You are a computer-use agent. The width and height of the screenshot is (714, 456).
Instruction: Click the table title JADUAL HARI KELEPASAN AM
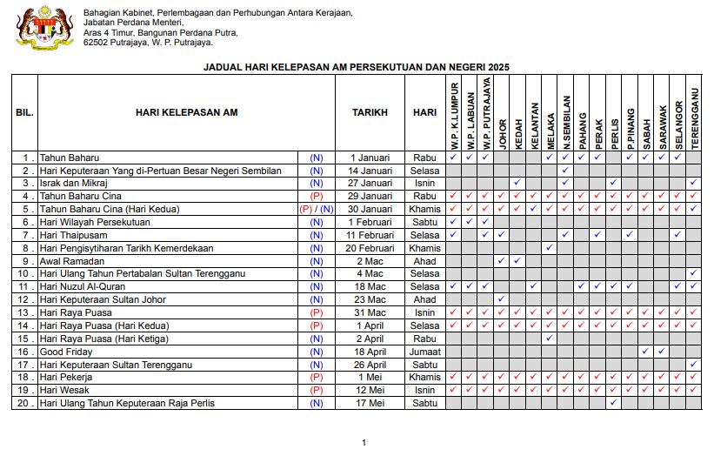pos(356,67)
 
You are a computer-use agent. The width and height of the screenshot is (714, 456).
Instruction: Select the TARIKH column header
pos(370,113)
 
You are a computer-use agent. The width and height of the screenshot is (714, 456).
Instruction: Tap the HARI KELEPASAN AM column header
pos(187,113)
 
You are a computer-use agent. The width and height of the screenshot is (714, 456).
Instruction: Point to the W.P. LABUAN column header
pos(470,120)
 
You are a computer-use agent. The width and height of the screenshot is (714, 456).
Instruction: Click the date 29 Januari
pos(370,196)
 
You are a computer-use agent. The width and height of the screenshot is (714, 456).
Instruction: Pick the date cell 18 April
pos(370,352)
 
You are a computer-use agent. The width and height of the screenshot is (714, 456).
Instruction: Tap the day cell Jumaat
pos(424,352)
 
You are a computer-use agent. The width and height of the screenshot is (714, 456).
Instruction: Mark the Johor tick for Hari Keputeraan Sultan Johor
pos(502,299)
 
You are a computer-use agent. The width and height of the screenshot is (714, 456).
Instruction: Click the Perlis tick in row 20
pos(614,403)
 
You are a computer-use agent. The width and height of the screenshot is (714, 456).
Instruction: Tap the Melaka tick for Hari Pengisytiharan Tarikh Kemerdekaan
pos(550,248)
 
